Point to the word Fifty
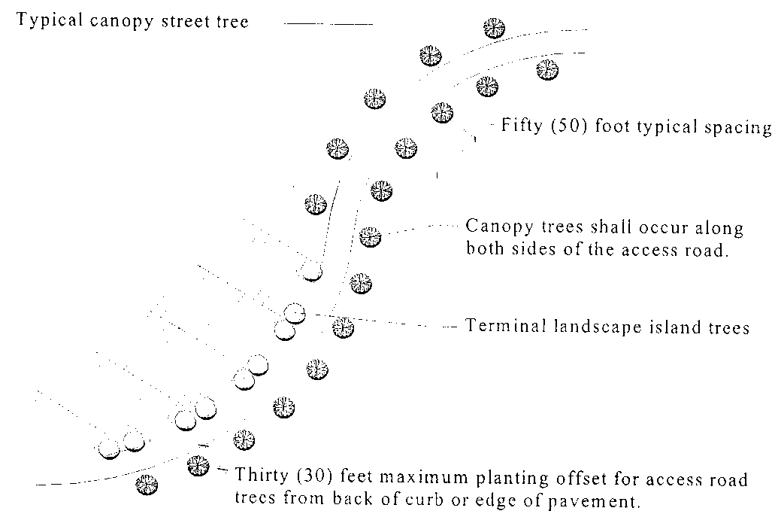[x=523, y=126]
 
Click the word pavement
[x=604, y=500]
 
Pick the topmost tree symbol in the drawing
[x=494, y=28]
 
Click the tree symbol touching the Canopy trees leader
[x=369, y=237]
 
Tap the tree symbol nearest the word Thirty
[x=198, y=466]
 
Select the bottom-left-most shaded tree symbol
[x=147, y=484]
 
